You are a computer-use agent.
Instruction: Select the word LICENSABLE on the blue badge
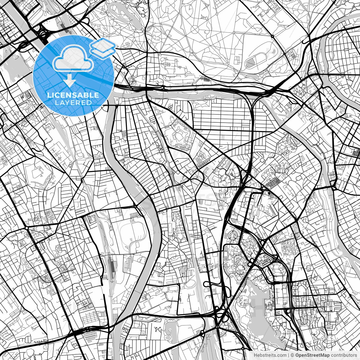pyautogui.click(x=73, y=95)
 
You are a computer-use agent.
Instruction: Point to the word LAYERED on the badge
pyautogui.click(x=73, y=103)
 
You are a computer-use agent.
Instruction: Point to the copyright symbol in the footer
pyautogui.click(x=292, y=355)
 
